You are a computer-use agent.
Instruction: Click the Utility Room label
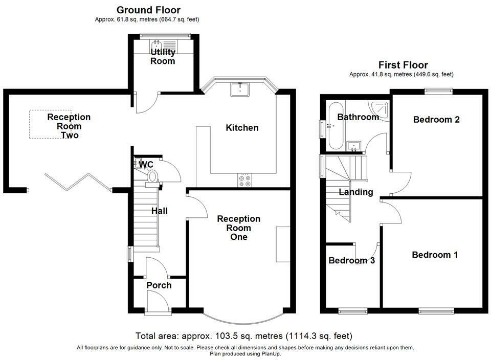pos(163,56)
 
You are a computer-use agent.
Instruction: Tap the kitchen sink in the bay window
pos(240,89)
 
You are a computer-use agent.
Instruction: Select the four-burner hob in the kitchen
pos(244,181)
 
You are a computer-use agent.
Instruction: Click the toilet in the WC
pos(152,176)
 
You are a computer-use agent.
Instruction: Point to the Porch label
pos(159,285)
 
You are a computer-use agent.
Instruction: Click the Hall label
pos(160,211)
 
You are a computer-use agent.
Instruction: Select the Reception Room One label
pos(239,228)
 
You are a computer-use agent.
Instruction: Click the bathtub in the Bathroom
pos(335,125)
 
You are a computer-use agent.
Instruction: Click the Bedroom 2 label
pos(436,120)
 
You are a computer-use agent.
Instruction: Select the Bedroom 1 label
pos(435,255)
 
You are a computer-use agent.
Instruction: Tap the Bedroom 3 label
pos(352,260)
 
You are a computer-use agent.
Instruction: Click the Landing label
pos(356,192)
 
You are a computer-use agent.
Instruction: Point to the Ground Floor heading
pos(148,10)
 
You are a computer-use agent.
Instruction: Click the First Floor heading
pos(403,65)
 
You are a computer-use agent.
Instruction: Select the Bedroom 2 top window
pos(438,91)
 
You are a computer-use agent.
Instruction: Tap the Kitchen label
pos(242,128)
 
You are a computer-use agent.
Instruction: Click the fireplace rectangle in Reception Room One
pos(283,244)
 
